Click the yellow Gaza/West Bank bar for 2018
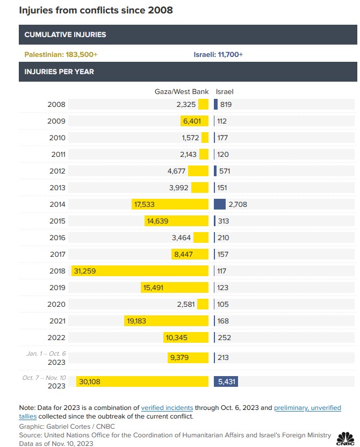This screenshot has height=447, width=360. point(140,271)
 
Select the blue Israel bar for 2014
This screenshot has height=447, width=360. point(219,204)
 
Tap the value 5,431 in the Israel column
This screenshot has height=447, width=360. point(226,381)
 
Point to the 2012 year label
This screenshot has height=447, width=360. point(57,171)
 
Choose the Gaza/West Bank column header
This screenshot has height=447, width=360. point(182,92)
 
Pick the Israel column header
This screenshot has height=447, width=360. point(224,92)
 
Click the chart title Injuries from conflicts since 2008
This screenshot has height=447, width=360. point(96,10)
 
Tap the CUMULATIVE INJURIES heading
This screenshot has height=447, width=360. point(66,34)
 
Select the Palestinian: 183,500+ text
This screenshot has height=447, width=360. point(61,54)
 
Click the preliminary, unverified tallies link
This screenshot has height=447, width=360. point(307,408)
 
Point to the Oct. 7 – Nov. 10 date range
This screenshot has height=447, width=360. point(44,378)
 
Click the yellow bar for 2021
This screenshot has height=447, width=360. point(166,321)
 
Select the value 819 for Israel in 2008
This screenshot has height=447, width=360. point(226,104)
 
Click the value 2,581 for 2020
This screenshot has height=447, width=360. point(186,304)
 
